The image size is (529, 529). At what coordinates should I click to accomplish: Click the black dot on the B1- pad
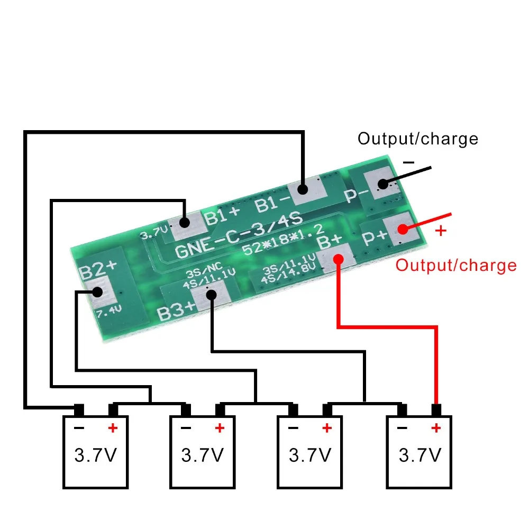pyautogui.click(x=303, y=189)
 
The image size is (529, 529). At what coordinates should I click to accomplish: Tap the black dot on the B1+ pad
pyautogui.click(x=185, y=222)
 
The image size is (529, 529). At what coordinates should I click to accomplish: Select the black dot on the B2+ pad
pyautogui.click(x=97, y=292)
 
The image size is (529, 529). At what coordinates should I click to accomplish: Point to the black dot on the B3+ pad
pyautogui.click(x=211, y=295)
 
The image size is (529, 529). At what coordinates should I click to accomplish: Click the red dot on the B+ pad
pyautogui.click(x=339, y=259)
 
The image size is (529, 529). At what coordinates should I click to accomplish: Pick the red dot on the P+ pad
pyautogui.click(x=403, y=230)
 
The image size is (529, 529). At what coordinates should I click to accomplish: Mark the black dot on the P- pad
pyautogui.click(x=383, y=184)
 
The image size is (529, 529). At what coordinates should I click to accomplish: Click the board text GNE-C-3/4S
pyautogui.click(x=239, y=235)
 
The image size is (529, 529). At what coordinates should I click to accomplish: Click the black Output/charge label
pyautogui.click(x=418, y=139)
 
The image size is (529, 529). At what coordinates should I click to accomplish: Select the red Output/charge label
pyautogui.click(x=456, y=266)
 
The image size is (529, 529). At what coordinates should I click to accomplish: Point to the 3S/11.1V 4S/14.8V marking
pyautogui.click(x=289, y=269)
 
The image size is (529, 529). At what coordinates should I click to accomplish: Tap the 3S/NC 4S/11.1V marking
pyautogui.click(x=209, y=276)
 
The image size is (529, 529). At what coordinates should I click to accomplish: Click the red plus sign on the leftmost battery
pyautogui.click(x=113, y=428)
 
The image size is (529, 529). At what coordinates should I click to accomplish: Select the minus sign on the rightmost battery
pyautogui.click(x=402, y=428)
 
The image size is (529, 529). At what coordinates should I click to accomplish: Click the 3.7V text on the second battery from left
pyautogui.click(x=203, y=455)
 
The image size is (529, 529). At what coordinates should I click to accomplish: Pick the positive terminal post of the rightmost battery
pyautogui.click(x=436, y=411)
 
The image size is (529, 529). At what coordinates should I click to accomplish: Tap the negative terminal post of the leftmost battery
pyautogui.click(x=79, y=411)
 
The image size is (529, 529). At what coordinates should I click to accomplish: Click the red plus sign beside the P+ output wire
pyautogui.click(x=441, y=231)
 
